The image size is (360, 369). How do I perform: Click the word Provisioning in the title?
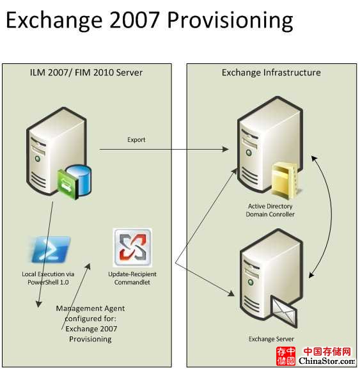tap(230, 20)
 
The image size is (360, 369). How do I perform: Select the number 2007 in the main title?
tap(134, 20)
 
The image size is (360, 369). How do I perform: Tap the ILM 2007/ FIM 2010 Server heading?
tap(86, 72)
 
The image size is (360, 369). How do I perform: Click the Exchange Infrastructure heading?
tap(271, 72)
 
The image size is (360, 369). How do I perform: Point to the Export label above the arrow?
tap(136, 139)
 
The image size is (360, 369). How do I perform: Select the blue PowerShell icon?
tap(51, 249)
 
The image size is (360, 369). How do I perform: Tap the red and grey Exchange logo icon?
tap(132, 247)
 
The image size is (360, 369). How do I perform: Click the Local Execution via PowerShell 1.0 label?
tap(48, 278)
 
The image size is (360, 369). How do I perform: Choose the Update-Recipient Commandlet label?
tap(132, 278)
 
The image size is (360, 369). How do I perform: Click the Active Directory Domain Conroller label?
tap(270, 210)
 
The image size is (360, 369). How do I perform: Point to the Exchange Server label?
tap(271, 339)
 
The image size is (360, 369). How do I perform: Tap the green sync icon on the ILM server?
tap(67, 184)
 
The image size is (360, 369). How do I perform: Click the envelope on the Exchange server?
tap(284, 311)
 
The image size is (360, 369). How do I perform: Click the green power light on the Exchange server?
tap(251, 281)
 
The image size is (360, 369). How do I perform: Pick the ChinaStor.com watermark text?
tap(327, 361)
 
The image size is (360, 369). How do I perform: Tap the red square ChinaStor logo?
tap(286, 356)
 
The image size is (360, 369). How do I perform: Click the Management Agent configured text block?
tap(91, 324)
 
